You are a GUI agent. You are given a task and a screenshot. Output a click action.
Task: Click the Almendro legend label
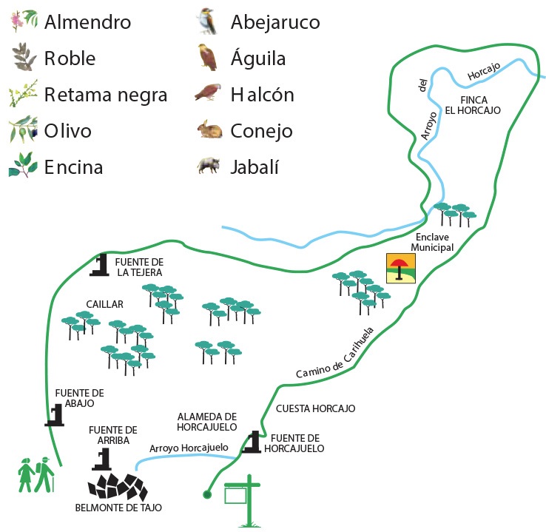click(x=87, y=22)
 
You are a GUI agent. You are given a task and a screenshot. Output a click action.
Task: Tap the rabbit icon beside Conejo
click(x=209, y=129)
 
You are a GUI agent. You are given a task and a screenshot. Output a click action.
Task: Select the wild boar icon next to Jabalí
click(x=209, y=166)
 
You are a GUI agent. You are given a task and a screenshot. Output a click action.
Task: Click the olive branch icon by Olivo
click(x=23, y=129)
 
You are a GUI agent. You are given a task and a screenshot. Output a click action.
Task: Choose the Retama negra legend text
click(x=106, y=95)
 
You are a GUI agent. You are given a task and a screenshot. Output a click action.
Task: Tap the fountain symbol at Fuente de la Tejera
click(x=100, y=265)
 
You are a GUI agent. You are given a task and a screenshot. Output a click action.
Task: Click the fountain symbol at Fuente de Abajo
click(x=55, y=414)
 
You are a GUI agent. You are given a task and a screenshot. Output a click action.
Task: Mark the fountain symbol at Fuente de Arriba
click(x=102, y=459)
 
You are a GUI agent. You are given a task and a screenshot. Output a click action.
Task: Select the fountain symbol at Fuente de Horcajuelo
click(x=252, y=442)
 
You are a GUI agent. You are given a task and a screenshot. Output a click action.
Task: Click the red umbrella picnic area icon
click(x=401, y=268)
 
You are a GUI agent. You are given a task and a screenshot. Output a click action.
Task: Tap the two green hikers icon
click(x=36, y=474)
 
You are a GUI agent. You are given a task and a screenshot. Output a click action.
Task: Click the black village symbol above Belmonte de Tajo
click(x=118, y=486)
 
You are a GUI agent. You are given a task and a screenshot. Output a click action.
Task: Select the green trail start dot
click(x=207, y=494)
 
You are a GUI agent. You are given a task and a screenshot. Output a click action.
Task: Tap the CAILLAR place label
click(x=104, y=304)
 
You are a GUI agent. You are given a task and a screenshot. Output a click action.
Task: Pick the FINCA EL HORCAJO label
click(x=473, y=105)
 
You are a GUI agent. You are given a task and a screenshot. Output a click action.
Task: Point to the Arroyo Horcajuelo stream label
click(x=189, y=448)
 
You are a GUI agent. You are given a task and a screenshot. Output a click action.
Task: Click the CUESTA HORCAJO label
click(x=315, y=408)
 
